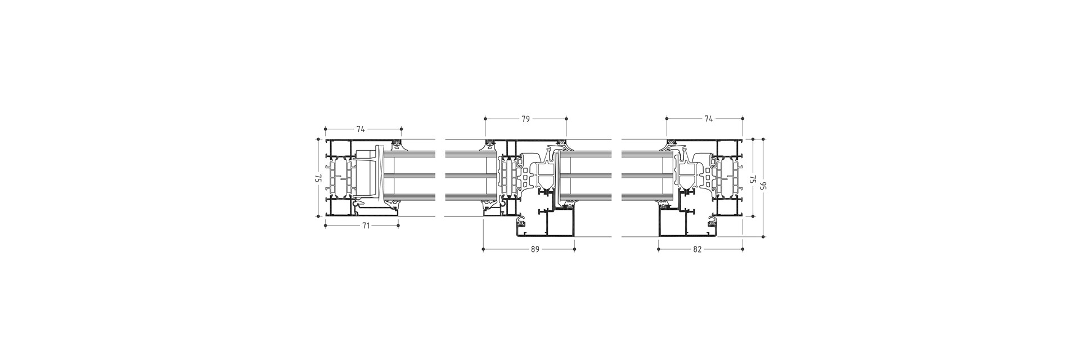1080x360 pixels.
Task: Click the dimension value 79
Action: pos(526,119)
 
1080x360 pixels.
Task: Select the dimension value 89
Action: pos(535,249)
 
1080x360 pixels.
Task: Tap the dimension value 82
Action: pos(697,249)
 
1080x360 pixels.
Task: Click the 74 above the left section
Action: pos(360,129)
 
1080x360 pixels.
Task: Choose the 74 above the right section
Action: pos(709,119)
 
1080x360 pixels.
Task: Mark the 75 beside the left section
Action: pos(318,178)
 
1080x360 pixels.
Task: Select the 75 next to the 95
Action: pos(751,179)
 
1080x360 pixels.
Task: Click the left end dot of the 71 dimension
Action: pos(326,226)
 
